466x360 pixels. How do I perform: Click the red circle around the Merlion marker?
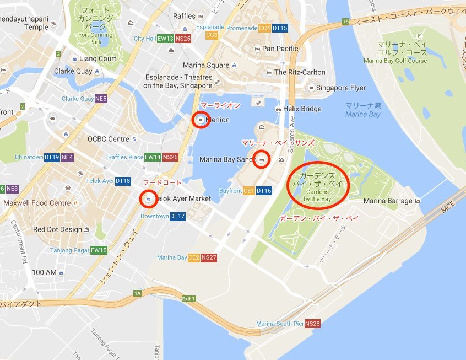click(201, 120)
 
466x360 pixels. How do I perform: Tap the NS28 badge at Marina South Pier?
click(312, 324)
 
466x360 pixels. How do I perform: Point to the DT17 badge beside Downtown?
click(177, 216)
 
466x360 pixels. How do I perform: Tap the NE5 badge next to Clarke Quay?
click(101, 99)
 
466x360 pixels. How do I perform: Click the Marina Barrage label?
click(388, 201)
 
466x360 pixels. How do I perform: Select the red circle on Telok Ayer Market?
click(148, 198)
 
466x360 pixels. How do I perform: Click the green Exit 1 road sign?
click(188, 299)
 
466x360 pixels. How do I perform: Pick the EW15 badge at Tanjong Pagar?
click(99, 250)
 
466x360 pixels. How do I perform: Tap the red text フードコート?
click(162, 182)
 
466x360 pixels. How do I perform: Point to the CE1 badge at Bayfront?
click(249, 191)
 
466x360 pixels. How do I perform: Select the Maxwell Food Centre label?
click(37, 203)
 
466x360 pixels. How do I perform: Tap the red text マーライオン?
click(220, 105)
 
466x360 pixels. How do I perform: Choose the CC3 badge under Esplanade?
click(212, 35)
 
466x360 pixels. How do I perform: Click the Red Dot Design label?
click(57, 229)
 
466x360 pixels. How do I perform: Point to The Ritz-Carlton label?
click(300, 72)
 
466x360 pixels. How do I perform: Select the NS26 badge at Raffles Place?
click(170, 157)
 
